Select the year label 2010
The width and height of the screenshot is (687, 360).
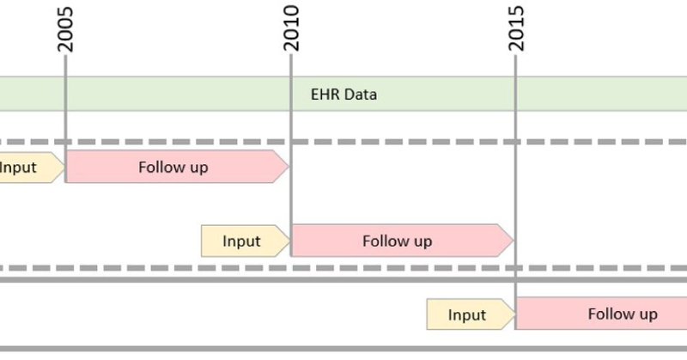pos(291,29)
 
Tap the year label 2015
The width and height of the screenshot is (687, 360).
pos(516,29)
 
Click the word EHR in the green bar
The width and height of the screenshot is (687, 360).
pos(325,95)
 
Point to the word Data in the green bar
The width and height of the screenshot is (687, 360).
pos(361,95)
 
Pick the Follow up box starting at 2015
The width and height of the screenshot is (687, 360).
pos(601,314)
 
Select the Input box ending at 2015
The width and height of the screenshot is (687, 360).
pos(469,314)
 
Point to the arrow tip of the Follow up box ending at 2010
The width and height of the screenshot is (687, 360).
pos(287,167)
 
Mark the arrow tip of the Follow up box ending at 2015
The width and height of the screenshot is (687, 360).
pos(511,241)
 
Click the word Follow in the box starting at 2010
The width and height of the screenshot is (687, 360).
pos(383,241)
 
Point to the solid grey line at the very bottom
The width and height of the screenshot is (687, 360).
pos(343,349)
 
